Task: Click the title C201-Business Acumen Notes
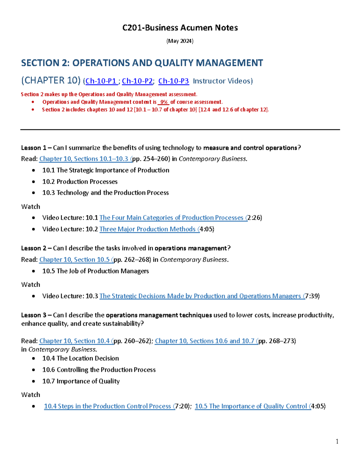[x=180, y=28]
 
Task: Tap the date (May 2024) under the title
[x=180, y=41]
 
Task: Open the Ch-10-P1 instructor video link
[x=101, y=81]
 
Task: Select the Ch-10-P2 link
[x=137, y=81]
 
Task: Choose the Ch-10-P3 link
[x=173, y=81]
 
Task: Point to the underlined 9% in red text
[x=163, y=102]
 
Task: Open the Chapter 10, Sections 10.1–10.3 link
[x=85, y=159]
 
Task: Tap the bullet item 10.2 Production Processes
[x=80, y=182]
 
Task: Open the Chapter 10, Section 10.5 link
[x=76, y=260]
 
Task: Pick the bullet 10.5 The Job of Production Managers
[x=95, y=271]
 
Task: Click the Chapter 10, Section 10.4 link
[x=76, y=341]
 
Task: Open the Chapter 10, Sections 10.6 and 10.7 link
[x=206, y=341]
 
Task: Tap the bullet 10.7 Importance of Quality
[x=81, y=381]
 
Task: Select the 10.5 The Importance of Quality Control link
[x=252, y=406]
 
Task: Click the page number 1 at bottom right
[x=337, y=441]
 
